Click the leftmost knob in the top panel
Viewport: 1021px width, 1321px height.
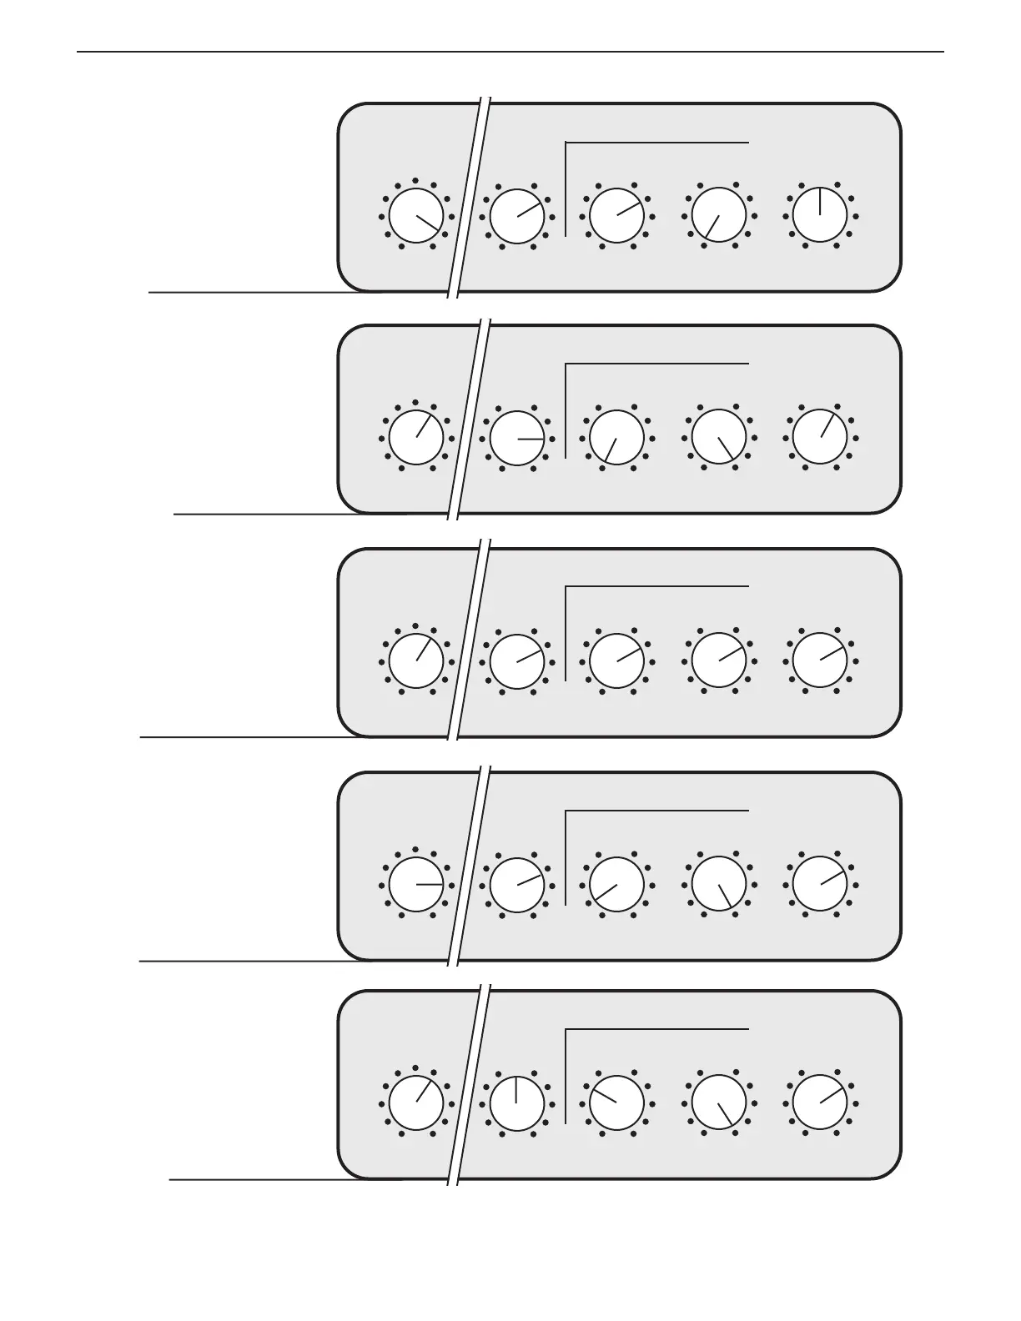coord(416,215)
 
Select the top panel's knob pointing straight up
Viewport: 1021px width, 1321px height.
coord(819,215)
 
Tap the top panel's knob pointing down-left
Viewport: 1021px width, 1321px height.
coord(718,215)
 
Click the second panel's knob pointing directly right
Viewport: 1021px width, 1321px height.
coord(517,438)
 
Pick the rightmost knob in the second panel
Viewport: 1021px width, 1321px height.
coord(819,438)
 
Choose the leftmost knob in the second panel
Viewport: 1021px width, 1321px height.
coord(416,438)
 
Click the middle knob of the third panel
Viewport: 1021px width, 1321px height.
coord(616,660)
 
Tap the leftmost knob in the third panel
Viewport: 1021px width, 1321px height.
coord(416,660)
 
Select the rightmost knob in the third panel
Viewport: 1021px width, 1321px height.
coord(819,660)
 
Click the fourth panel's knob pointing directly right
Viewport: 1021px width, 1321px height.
coord(416,884)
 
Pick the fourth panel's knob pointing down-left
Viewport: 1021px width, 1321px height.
coord(616,884)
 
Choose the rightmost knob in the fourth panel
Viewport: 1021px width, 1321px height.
coord(819,884)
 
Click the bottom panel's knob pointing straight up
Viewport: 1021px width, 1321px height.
coord(517,1103)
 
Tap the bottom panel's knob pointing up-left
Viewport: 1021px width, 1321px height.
coord(616,1103)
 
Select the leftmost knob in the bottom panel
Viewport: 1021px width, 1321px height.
coord(416,1103)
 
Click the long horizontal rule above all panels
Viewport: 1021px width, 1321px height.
coord(510,52)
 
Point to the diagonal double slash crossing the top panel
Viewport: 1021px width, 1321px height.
coord(469,198)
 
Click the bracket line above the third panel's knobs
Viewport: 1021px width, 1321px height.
coord(657,587)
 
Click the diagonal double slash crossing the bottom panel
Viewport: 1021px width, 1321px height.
coord(469,1084)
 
